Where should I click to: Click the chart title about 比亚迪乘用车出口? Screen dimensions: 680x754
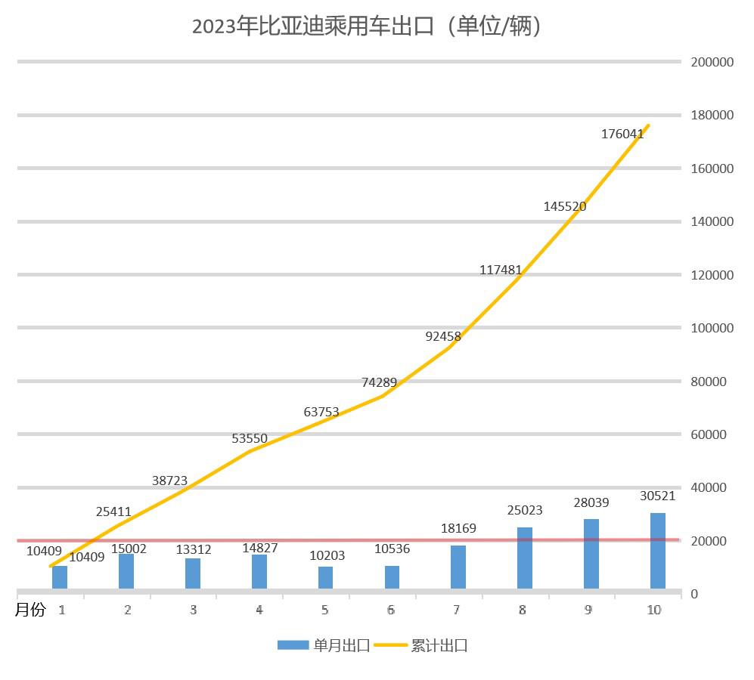point(368,26)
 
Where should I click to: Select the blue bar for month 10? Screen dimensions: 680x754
point(658,551)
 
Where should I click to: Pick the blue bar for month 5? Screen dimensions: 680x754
point(325,577)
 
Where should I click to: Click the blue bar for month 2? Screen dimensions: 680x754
point(126,571)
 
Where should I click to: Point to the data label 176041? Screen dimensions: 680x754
point(622,134)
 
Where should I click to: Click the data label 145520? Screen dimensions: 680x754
point(565,206)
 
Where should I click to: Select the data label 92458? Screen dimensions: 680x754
point(443,337)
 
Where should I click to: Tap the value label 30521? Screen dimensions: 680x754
point(657,496)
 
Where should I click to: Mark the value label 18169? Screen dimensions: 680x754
point(458,529)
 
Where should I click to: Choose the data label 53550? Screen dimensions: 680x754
point(250,438)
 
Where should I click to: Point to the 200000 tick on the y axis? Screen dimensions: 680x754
point(712,62)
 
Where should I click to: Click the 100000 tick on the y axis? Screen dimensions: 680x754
point(712,328)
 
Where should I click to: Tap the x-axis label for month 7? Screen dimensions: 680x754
point(457,610)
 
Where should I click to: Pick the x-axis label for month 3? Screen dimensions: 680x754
point(193,610)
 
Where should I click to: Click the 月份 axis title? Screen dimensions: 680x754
point(30,610)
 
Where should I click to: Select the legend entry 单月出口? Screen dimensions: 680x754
point(324,645)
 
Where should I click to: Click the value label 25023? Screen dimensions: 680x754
point(525,511)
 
